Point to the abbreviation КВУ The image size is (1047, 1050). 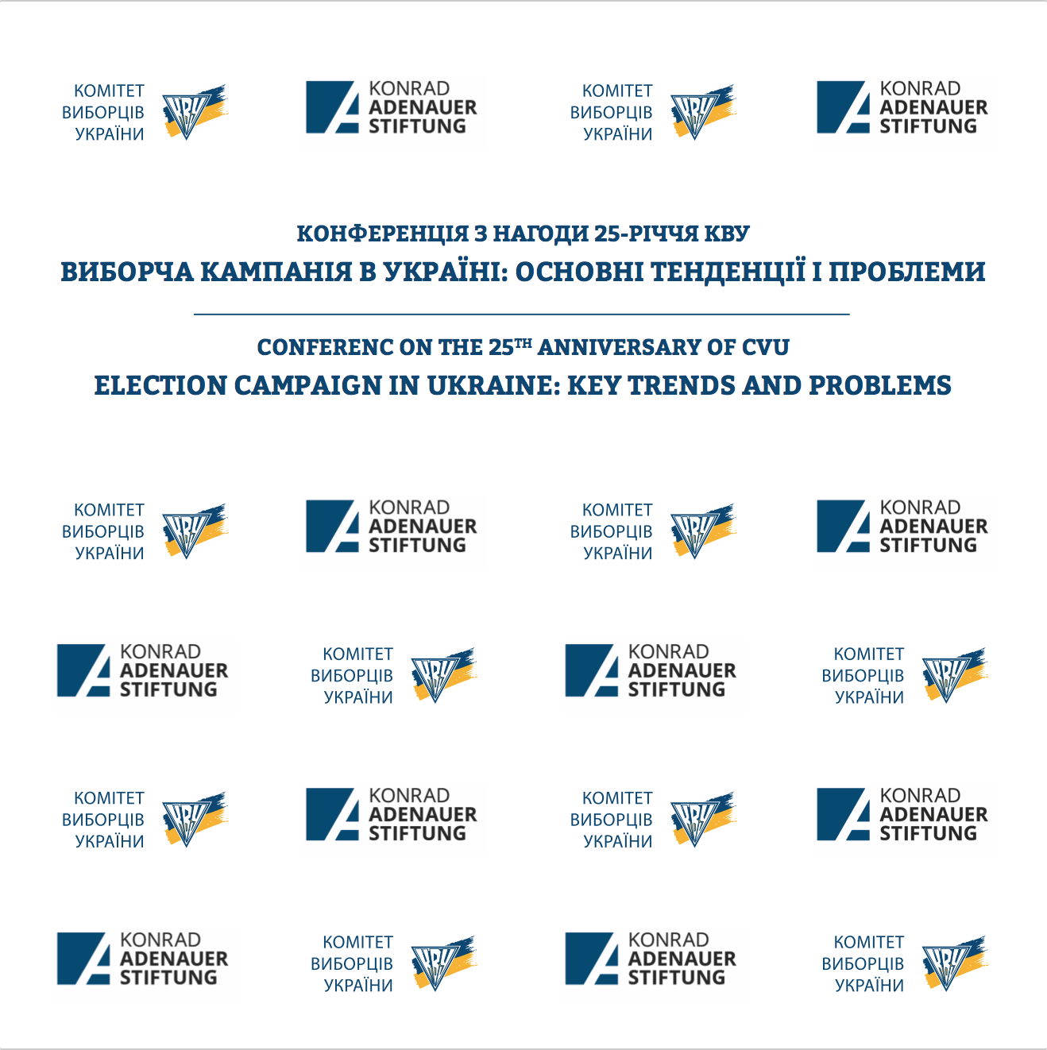pyautogui.click(x=727, y=234)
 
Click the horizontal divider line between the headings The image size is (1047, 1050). pyautogui.click(x=522, y=315)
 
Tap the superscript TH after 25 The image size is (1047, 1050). pyautogui.click(x=523, y=342)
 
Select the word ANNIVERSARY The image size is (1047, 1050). pyautogui.click(x=619, y=348)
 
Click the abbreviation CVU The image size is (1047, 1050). pyautogui.click(x=766, y=348)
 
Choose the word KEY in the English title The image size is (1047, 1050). pyautogui.click(x=594, y=386)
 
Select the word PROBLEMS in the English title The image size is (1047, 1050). pyautogui.click(x=880, y=386)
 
